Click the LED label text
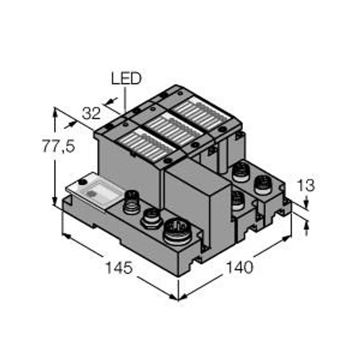(x=126, y=78)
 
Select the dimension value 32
(x=91, y=113)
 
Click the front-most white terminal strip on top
(x=141, y=146)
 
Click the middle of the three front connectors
(x=151, y=217)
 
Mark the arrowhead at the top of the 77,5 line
(x=55, y=111)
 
